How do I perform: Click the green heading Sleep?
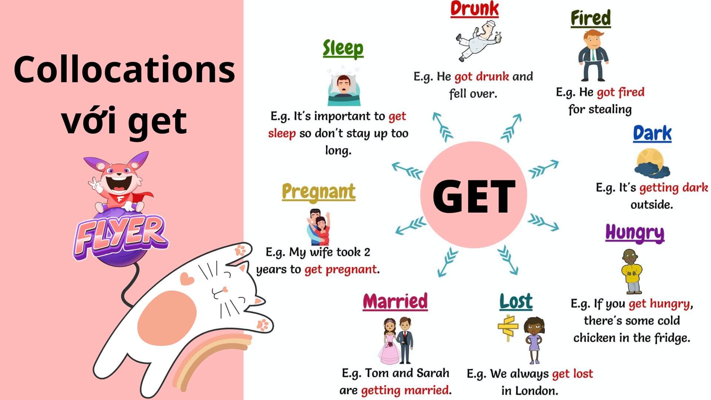343,49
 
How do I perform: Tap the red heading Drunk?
474,9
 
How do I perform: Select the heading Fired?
591,18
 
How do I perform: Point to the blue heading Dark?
652,134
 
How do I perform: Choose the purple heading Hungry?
635,233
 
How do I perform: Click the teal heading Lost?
516,301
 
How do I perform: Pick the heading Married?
395,301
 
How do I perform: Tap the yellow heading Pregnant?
318,192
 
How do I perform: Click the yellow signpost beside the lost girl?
507,327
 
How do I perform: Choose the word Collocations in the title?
124,70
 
